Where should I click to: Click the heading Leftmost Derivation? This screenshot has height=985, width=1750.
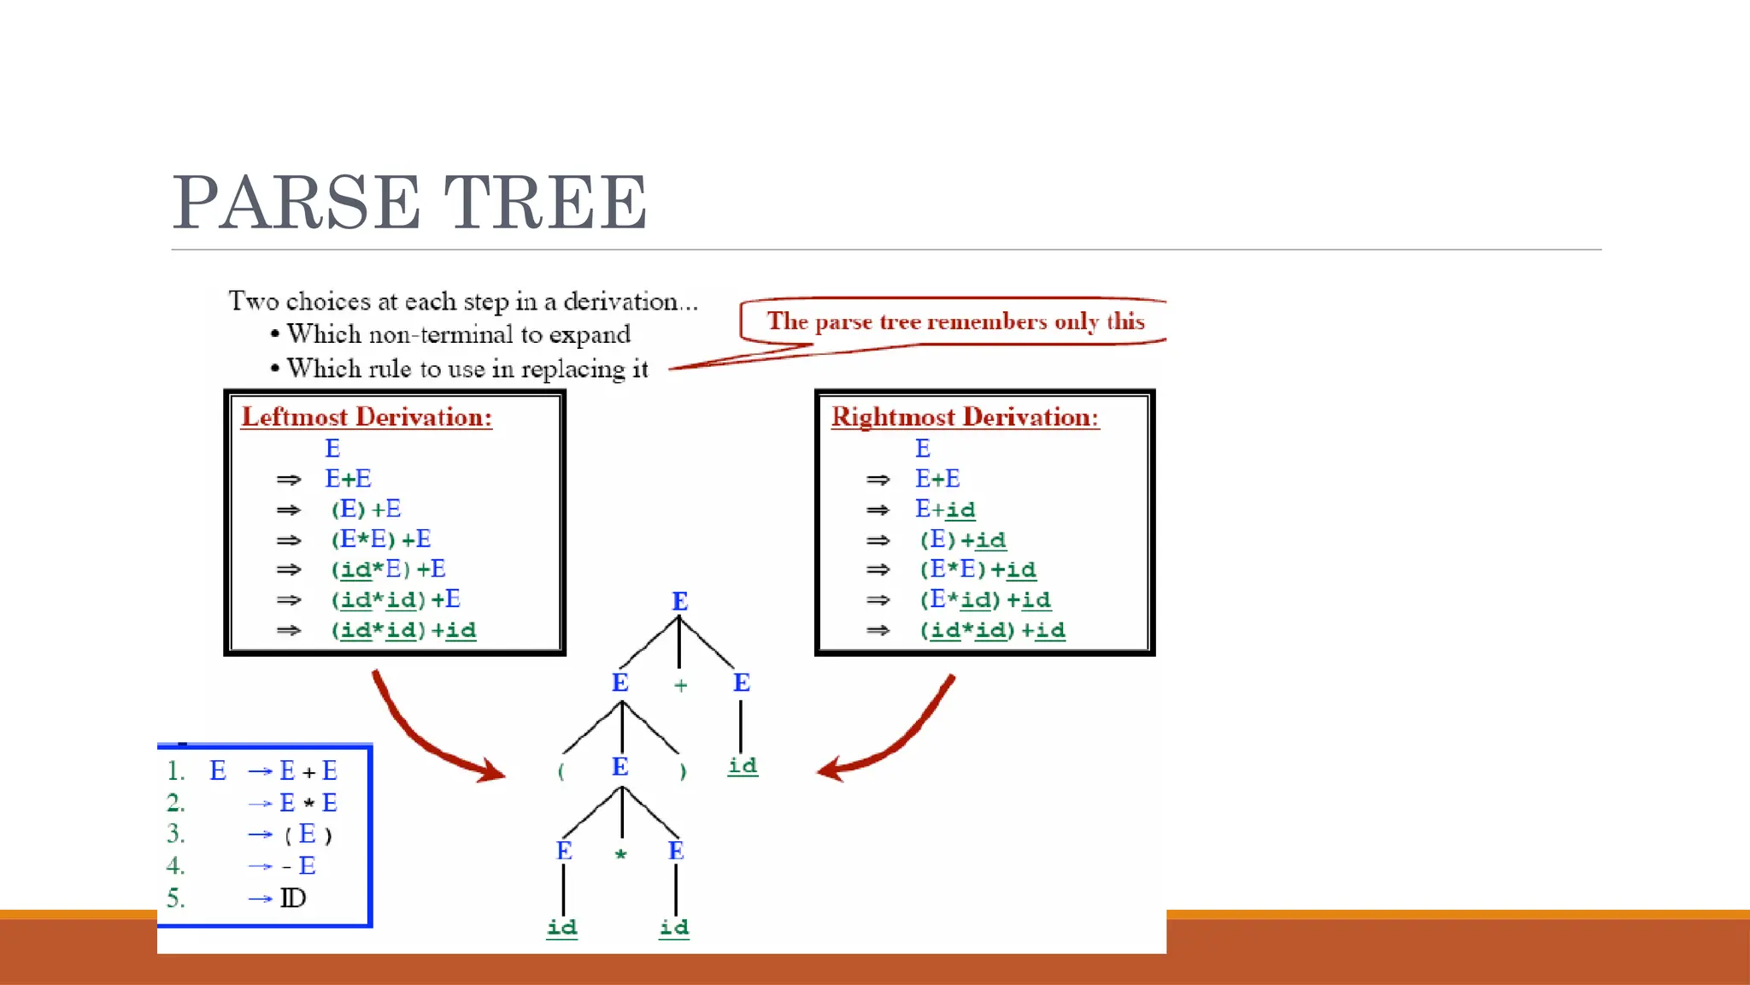point(367,417)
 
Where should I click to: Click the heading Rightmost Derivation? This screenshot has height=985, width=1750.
point(965,417)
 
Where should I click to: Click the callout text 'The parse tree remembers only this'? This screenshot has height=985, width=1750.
point(954,321)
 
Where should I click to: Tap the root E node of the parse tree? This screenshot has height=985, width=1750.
point(679,601)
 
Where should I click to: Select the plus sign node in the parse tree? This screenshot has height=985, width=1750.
point(680,685)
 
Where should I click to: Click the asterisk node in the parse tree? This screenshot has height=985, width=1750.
point(621,854)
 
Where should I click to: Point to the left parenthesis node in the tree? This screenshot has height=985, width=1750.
point(561,771)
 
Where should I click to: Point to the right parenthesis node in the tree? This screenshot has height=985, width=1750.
point(682,771)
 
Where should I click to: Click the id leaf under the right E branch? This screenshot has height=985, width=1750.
point(742,765)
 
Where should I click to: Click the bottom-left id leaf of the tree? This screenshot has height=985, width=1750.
point(561,928)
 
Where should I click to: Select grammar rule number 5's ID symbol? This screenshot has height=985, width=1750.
point(292,899)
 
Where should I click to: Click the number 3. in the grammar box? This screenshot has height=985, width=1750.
point(175,834)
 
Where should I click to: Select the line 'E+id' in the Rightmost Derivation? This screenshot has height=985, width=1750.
point(945,510)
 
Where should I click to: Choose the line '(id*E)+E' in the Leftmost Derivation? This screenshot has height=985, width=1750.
point(388,569)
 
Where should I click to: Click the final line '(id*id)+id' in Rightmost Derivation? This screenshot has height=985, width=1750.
point(992,631)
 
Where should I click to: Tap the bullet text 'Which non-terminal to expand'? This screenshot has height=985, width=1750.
point(458,334)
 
